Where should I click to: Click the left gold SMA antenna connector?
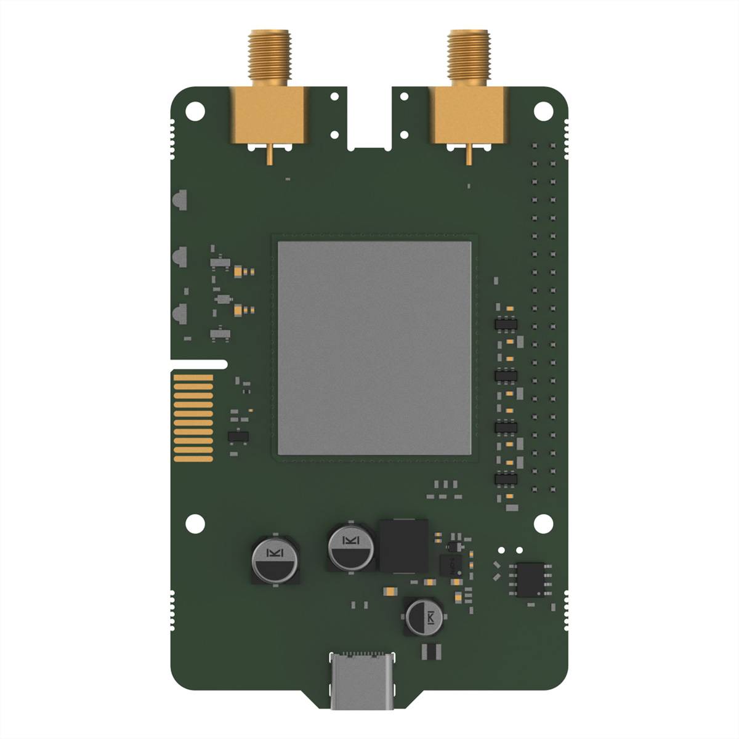[x=269, y=111]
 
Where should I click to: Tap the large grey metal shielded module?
[x=374, y=348]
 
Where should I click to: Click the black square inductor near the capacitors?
[x=404, y=545]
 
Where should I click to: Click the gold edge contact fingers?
[x=193, y=419]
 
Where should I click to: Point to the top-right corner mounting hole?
[x=543, y=113]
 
